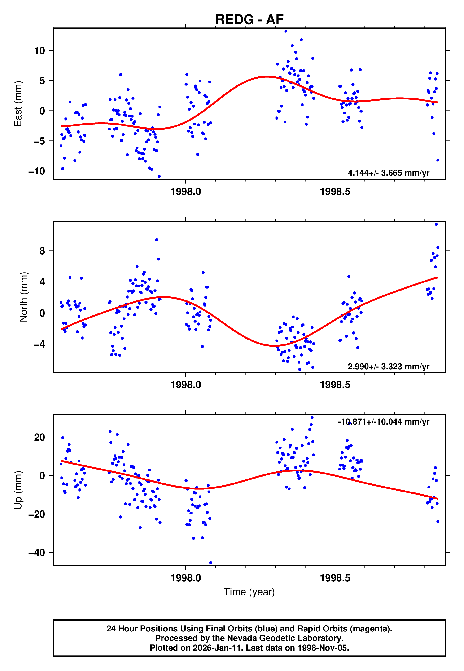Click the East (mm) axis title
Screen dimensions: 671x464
pos(18,104)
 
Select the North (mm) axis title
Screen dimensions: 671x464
pos(24,297)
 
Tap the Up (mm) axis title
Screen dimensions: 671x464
pos(18,490)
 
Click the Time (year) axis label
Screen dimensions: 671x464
pos(249,592)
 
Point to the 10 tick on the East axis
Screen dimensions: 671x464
pos(40,51)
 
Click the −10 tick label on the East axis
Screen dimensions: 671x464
pos(37,171)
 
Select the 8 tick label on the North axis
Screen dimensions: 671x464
pos(42,251)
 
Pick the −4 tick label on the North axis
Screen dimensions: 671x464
pos(39,344)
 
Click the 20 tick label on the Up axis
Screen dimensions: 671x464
pos(40,437)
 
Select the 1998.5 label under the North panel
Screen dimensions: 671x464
pos(335,385)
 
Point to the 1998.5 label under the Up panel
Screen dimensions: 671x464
pos(335,578)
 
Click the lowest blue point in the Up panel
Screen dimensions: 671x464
pos(211,563)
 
